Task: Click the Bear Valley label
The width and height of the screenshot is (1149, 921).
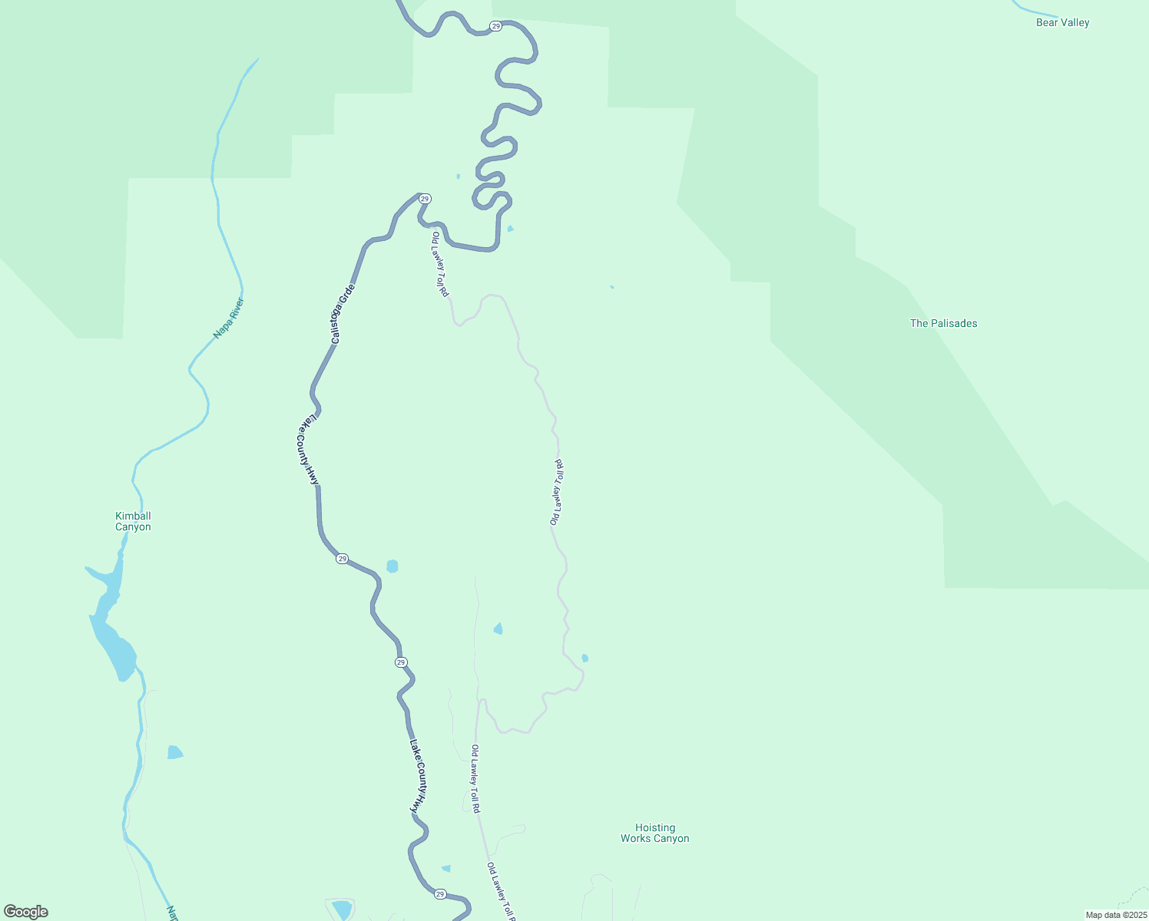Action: pos(1062,23)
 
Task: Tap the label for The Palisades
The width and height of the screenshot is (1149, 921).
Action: pos(943,324)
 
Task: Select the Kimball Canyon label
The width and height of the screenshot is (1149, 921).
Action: pos(133,522)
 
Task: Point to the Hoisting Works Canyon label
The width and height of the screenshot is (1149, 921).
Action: pos(654,834)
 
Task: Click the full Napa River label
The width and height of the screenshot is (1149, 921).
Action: pos(228,318)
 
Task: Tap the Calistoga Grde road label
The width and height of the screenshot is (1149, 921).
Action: pos(343,314)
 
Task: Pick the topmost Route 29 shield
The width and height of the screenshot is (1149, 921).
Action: pos(496,26)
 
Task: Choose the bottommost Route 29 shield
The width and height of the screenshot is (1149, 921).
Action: pos(439,894)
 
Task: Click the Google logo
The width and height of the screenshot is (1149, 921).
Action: pos(26,912)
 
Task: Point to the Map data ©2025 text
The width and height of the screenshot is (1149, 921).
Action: pos(1116,915)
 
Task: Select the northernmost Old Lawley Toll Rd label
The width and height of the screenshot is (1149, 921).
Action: pos(440,264)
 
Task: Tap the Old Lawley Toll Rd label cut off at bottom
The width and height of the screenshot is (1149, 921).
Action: pos(501,892)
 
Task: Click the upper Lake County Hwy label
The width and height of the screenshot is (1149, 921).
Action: pos(309,450)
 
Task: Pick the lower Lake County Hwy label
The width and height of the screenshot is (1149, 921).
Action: pos(417,777)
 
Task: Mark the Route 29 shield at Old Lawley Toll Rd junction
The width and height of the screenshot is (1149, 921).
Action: pos(425,199)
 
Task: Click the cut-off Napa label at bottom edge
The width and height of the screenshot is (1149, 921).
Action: pos(173,913)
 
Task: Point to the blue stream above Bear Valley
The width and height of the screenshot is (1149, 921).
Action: pos(1033,10)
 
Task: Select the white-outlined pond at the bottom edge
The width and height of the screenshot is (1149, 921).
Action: pos(341,910)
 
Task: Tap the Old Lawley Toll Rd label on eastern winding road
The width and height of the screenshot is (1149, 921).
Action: pos(558,493)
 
